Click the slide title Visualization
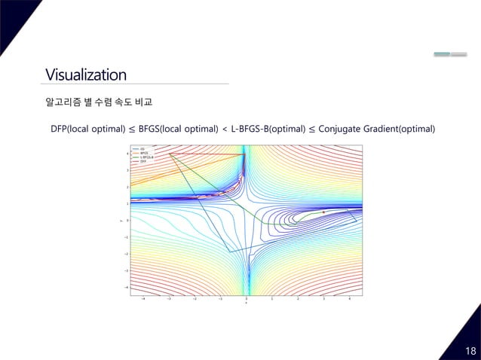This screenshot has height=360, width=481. point(85,75)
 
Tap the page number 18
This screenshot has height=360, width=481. point(470,351)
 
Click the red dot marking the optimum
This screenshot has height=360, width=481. point(323,212)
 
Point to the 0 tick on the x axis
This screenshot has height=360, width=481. point(246,299)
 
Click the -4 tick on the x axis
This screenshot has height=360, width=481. point(143,299)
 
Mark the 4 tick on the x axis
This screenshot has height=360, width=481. point(349,299)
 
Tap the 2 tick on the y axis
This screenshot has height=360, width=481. point(127,187)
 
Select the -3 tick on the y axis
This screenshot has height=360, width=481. point(127,270)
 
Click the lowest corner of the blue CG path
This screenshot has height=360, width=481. point(229,252)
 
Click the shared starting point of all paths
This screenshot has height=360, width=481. point(170,154)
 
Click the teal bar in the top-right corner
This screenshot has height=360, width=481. point(442,54)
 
